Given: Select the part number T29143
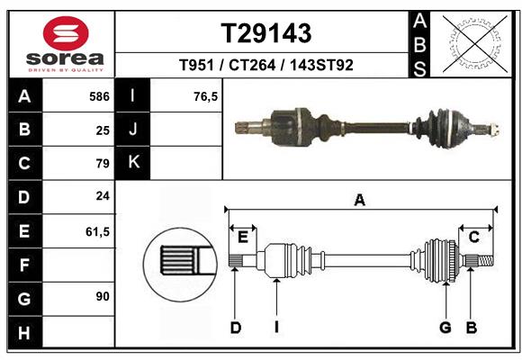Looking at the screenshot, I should point(267,33).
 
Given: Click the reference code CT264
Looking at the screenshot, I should point(267,65).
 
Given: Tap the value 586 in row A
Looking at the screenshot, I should point(98,95).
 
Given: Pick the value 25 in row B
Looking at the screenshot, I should point(102,130).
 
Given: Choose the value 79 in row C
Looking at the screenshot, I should point(102,164).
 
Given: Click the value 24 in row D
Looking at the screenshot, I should point(102,195).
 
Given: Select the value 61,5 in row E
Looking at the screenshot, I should point(97,231).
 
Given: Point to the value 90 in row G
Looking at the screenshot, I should point(102,296).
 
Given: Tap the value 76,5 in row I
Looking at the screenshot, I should point(206,95).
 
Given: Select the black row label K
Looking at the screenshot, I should point(133,163).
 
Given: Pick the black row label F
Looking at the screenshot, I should point(24,264).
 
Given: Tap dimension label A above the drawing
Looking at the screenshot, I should point(360,200).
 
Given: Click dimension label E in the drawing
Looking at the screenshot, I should point(242,237).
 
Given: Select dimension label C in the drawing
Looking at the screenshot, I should point(473,237).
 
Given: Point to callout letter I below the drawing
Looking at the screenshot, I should point(277,328).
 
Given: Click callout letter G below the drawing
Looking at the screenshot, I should point(445,328).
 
